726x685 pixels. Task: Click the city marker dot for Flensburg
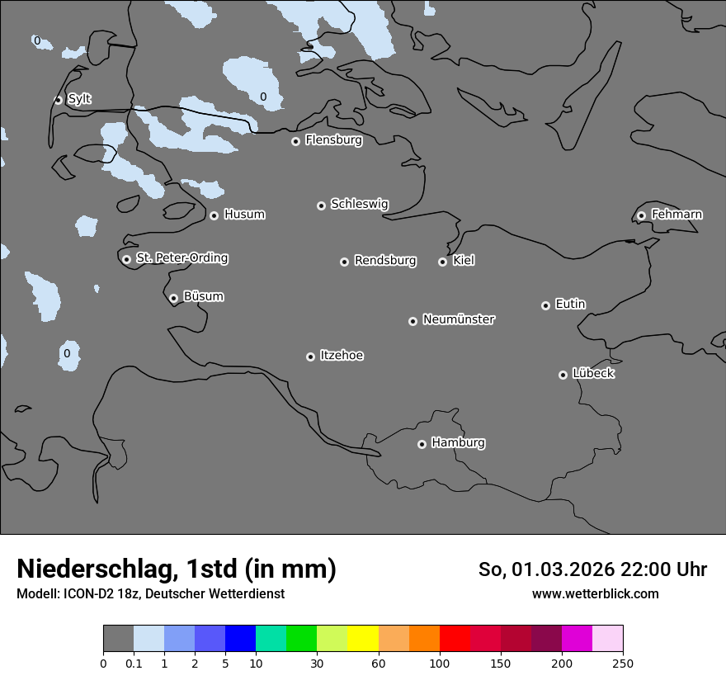click(x=295, y=141)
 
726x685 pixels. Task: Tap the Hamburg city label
click(x=458, y=443)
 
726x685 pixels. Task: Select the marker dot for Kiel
click(x=442, y=262)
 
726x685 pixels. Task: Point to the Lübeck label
click(x=593, y=374)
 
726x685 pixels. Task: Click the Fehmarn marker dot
click(x=641, y=215)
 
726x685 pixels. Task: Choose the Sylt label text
click(x=79, y=99)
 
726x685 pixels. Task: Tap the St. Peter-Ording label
click(x=181, y=258)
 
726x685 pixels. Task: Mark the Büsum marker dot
click(x=173, y=298)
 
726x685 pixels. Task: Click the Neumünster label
click(x=459, y=319)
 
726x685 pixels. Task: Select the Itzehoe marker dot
click(x=310, y=357)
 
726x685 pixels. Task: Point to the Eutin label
click(x=570, y=305)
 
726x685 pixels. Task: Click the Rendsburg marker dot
click(x=344, y=262)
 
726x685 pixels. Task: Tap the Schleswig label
click(x=359, y=204)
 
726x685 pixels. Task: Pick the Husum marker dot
click(x=214, y=215)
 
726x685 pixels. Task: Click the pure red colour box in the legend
click(x=455, y=639)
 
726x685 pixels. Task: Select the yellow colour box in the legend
click(x=363, y=639)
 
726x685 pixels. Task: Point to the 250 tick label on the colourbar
click(x=623, y=663)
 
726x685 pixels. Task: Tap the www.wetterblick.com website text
click(x=595, y=593)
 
